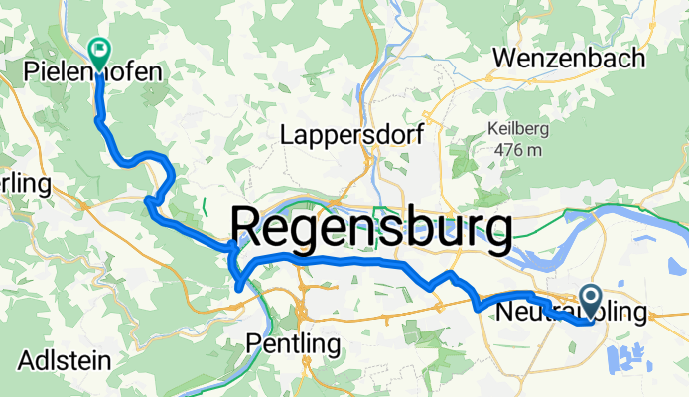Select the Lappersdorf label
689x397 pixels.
click(353, 133)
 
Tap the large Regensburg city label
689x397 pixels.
click(372, 230)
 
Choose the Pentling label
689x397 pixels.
click(293, 345)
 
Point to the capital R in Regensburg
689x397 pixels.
click(249, 230)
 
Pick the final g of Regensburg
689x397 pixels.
click(497, 236)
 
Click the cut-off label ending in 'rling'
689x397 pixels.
click(24, 184)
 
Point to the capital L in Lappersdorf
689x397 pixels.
click(289, 133)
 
